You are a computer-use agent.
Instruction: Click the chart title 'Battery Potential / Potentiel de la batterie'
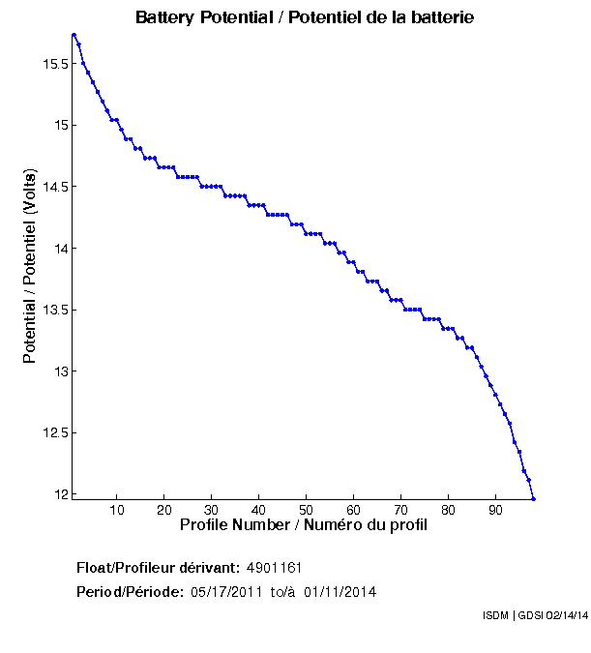point(305,18)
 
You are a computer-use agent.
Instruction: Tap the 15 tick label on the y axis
point(60,125)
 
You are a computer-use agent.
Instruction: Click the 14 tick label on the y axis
point(60,249)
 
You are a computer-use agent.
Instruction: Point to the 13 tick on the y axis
point(60,371)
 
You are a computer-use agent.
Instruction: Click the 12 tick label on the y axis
point(60,494)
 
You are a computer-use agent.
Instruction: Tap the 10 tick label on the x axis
point(117,510)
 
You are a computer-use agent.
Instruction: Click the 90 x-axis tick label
point(495,510)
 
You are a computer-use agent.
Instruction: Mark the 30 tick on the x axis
point(212,510)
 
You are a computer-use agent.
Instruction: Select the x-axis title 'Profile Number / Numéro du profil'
point(304,525)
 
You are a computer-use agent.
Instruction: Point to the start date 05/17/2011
point(225,591)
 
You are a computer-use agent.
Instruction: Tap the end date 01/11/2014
point(340,591)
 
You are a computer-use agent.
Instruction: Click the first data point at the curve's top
point(74,35)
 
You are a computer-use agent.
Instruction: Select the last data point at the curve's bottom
point(533,498)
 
